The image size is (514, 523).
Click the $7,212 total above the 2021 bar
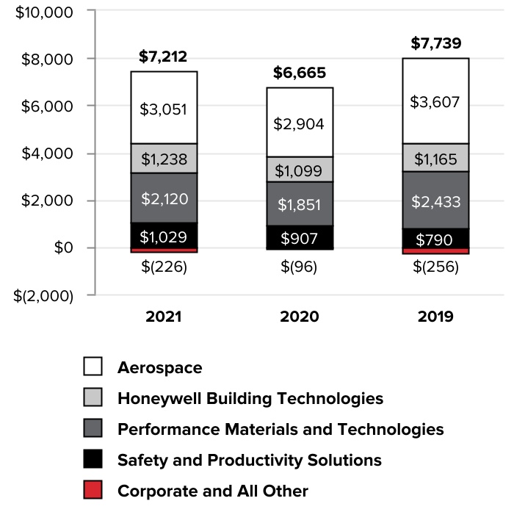(163, 57)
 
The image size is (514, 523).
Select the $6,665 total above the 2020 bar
(300, 73)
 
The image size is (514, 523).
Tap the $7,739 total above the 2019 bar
(435, 44)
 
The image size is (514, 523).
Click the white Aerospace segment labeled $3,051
(163, 109)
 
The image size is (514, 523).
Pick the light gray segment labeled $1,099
(300, 170)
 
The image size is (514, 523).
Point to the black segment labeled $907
(300, 237)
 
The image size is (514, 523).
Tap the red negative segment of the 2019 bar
(435, 251)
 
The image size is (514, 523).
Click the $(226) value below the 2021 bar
(164, 267)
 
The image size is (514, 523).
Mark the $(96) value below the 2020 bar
(300, 267)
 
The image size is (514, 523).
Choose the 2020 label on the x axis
(300, 317)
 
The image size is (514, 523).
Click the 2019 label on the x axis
(435, 317)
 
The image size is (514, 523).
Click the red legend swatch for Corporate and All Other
(93, 491)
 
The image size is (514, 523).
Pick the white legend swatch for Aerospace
(93, 367)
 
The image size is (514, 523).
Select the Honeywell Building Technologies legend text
(250, 398)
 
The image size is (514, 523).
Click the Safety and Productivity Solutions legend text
(250, 460)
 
